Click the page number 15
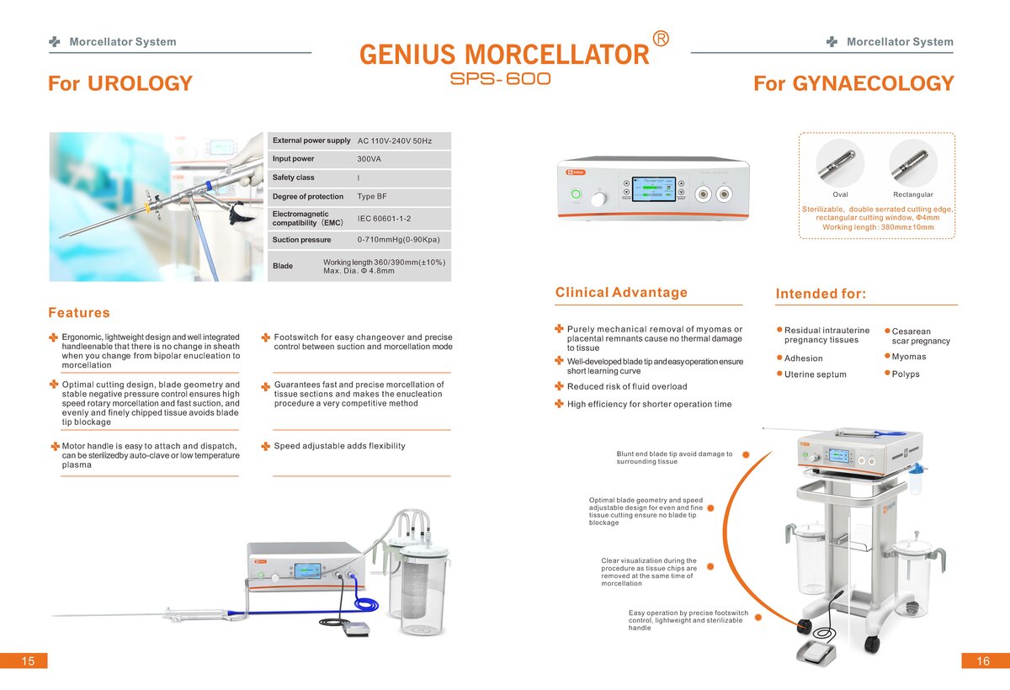tap(28, 661)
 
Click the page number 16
tap(983, 661)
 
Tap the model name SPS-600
tap(501, 79)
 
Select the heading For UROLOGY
tap(120, 84)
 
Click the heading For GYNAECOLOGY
tap(853, 84)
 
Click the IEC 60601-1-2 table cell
tap(384, 219)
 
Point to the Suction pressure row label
tap(301, 240)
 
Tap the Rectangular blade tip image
tap(912, 163)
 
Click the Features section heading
tap(79, 313)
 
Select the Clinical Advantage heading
tap(621, 293)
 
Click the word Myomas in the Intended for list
tap(909, 357)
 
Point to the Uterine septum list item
tap(815, 374)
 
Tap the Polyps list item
tap(906, 374)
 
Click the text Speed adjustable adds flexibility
tap(339, 446)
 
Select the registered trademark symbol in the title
tap(662, 39)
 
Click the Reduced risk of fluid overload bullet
tap(627, 387)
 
